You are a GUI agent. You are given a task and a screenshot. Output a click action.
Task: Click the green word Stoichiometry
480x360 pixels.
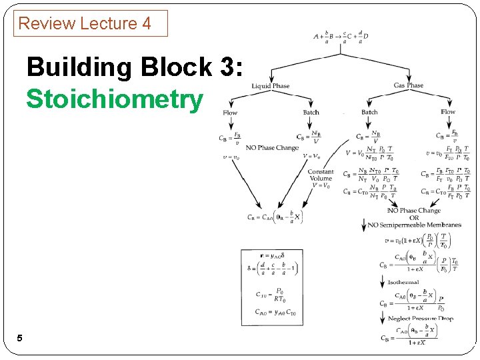pyautogui.click(x=114, y=99)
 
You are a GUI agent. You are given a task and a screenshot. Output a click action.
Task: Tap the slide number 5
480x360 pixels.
pyautogui.click(x=19, y=338)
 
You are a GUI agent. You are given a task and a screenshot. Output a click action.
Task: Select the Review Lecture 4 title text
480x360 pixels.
pyautogui.click(x=85, y=23)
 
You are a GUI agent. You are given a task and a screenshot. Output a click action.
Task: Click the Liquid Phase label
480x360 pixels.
pyautogui.click(x=271, y=86)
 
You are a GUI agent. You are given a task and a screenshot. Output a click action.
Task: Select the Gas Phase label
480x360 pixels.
pyautogui.click(x=408, y=85)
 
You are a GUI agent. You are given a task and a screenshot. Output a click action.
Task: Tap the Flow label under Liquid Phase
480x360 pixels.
pyautogui.click(x=230, y=113)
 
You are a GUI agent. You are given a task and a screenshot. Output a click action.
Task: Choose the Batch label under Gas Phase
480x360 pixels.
pyautogui.click(x=369, y=112)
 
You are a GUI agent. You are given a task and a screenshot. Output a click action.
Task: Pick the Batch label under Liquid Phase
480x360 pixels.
pyautogui.click(x=311, y=113)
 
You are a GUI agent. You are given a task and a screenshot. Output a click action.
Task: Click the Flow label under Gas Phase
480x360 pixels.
pyautogui.click(x=448, y=112)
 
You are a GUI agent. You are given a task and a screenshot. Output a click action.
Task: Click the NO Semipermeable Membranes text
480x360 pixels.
pyautogui.click(x=414, y=225)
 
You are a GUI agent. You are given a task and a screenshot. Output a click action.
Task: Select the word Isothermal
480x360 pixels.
pyautogui.click(x=403, y=283)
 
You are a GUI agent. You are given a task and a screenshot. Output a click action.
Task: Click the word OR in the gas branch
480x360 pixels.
pyautogui.click(x=413, y=218)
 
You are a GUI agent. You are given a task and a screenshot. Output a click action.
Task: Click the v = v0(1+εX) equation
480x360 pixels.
pyautogui.click(x=422, y=241)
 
